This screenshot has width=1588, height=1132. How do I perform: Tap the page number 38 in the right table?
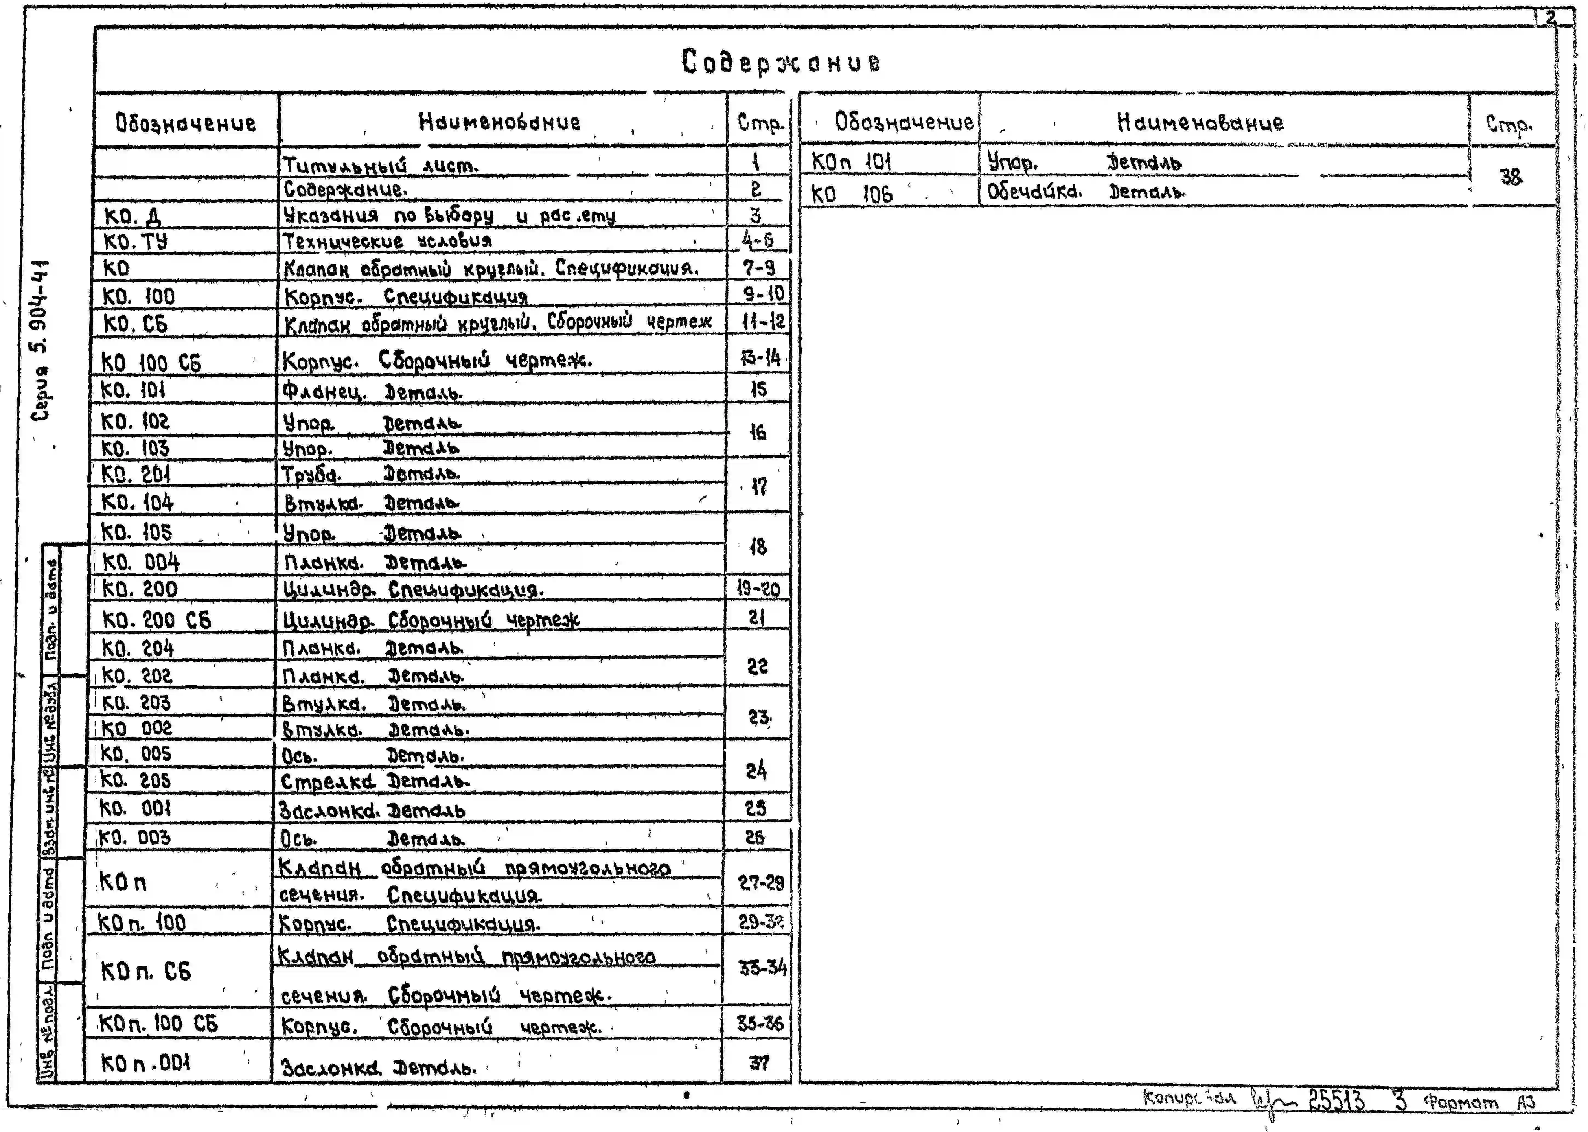coord(1511,177)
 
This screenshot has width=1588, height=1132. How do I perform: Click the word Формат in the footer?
coord(1460,1104)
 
